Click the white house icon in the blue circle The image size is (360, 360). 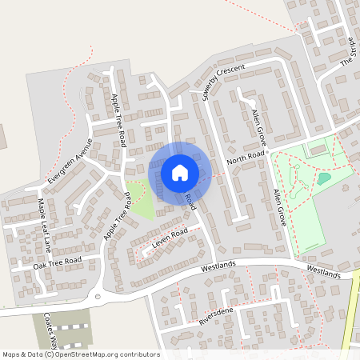[179, 172]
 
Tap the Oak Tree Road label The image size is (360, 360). [58, 261]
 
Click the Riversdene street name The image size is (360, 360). [221, 319]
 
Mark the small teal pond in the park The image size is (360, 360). [323, 178]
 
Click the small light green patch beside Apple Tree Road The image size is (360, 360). [142, 201]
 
